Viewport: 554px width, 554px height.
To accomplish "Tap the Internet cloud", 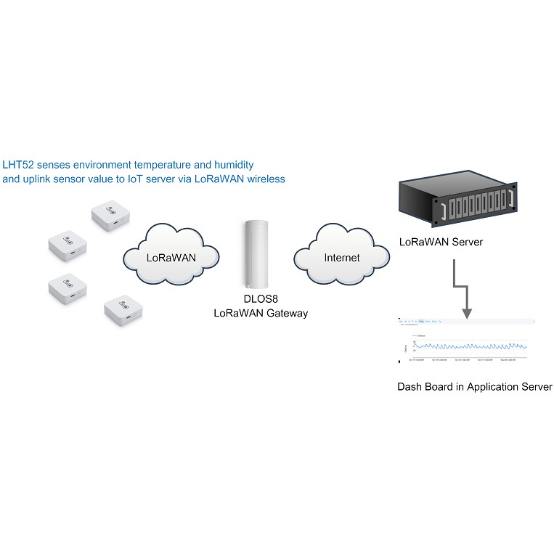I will click(x=341, y=257).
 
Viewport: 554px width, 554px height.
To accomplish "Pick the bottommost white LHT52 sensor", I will click(x=124, y=310).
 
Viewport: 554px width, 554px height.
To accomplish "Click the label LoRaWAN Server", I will click(x=441, y=242).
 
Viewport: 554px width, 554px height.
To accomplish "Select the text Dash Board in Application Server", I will click(x=474, y=387).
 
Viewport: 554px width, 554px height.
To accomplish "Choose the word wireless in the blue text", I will click(x=264, y=179).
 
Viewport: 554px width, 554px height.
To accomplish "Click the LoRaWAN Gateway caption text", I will click(x=260, y=313).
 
